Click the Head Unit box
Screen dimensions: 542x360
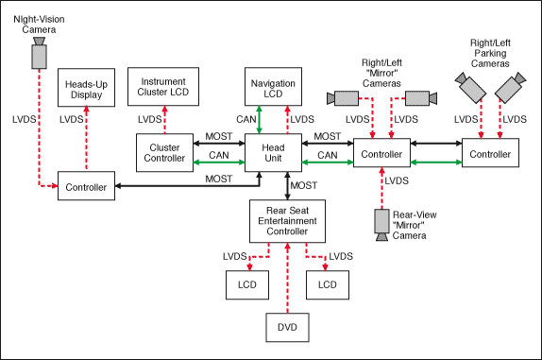pos(273,152)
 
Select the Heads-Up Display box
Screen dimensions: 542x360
pos(86,88)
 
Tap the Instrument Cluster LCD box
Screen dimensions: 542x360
pos(163,86)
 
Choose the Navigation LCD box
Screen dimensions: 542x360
pos(273,86)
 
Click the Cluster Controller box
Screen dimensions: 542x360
pos(164,152)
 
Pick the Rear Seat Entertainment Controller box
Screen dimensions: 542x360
pos(287,221)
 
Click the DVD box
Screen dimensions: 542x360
pos(287,328)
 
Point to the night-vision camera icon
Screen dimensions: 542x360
pos(39,53)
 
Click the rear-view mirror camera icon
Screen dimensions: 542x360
pos(382,225)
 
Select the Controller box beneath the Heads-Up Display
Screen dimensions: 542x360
pos(86,186)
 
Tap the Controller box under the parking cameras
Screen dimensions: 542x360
pos(490,153)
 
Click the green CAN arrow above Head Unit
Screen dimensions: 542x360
pos(259,120)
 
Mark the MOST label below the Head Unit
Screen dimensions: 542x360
pos(303,186)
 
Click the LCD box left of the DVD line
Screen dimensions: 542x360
pos(247,285)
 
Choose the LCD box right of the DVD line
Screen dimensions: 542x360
pos(328,285)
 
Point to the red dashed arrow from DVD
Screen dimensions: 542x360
pos(287,278)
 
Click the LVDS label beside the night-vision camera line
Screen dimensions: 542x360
pos(25,119)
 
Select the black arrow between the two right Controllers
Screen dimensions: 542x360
pos(436,144)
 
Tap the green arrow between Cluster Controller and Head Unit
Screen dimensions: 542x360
pos(219,162)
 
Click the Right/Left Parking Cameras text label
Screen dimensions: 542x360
pos(490,53)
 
